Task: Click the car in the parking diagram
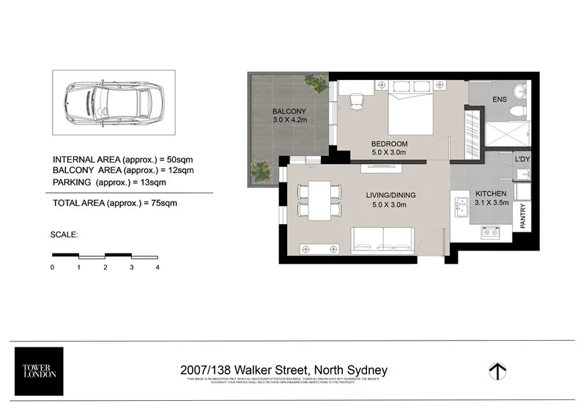click(114, 102)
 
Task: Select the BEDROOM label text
click(389, 143)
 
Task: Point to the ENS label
click(499, 100)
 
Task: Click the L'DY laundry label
click(522, 159)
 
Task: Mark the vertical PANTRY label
click(523, 217)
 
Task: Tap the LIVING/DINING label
click(390, 195)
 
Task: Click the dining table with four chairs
click(319, 200)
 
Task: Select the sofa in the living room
click(382, 240)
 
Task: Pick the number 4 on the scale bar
click(157, 268)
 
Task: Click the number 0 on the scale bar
click(53, 268)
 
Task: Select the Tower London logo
click(39, 370)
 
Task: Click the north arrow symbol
click(499, 372)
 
